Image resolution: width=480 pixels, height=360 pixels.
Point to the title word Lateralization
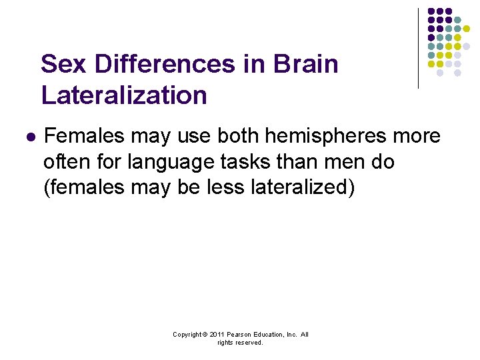click(x=124, y=95)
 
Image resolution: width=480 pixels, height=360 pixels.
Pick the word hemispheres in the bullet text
click(x=329, y=136)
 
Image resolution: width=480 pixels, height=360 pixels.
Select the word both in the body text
click(x=238, y=136)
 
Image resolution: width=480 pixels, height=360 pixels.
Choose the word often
click(x=67, y=162)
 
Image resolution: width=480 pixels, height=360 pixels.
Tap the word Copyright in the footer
click(x=188, y=335)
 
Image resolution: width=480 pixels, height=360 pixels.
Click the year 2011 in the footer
click(x=217, y=335)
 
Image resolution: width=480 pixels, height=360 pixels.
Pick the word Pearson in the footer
click(x=240, y=335)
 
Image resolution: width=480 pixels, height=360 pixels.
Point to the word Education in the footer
click(x=270, y=335)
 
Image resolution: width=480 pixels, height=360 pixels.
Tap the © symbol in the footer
click(x=207, y=335)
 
